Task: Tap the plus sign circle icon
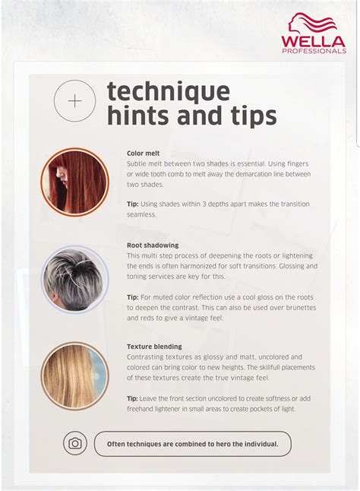[75, 100]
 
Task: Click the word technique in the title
[168, 91]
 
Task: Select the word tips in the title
[252, 116]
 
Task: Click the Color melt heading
[144, 153]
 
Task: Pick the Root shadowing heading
[153, 245]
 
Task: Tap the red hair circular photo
[74, 182]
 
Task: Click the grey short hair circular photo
[74, 278]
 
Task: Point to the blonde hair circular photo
[74, 375]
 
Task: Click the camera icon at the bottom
[75, 443]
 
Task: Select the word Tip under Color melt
[133, 204]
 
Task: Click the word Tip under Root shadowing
[133, 296]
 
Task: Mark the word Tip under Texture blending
[133, 398]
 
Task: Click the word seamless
[142, 214]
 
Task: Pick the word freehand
[143, 409]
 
